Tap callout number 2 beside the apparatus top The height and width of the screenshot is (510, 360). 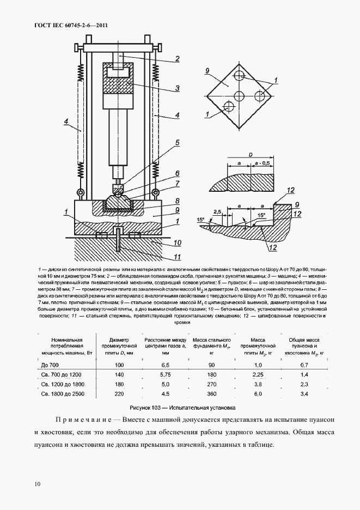[178, 59]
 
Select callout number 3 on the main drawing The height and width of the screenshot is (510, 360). [178, 87]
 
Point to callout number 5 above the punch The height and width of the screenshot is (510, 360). [177, 143]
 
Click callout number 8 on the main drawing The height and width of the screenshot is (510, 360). [178, 200]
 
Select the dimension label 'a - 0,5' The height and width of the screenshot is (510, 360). [265, 163]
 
